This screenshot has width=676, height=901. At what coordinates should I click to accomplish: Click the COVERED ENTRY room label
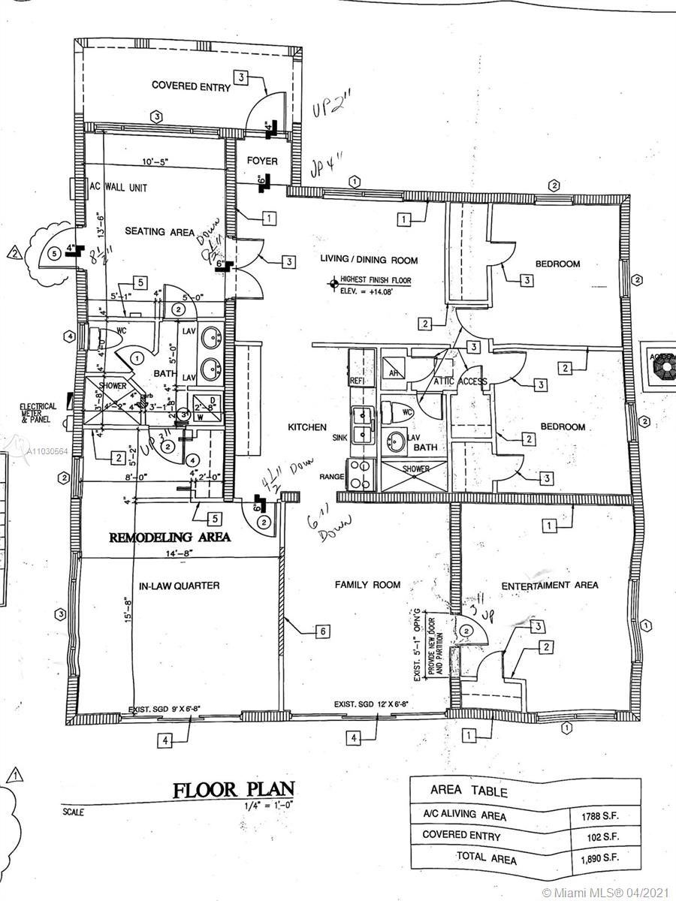point(191,86)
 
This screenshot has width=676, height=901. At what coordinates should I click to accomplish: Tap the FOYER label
point(262,161)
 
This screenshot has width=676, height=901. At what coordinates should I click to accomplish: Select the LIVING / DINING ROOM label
point(370,261)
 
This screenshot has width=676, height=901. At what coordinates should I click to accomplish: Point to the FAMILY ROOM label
point(367,584)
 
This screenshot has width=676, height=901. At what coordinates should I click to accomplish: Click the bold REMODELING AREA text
point(170,538)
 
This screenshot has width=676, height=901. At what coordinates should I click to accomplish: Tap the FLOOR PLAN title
point(234,790)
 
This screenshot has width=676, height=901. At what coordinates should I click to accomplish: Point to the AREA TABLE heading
point(469,791)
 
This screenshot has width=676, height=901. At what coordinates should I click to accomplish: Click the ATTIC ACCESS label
point(460,381)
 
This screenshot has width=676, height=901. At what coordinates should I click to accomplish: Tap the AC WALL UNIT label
point(123,187)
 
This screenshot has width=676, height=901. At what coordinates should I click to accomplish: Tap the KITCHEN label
point(307,427)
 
